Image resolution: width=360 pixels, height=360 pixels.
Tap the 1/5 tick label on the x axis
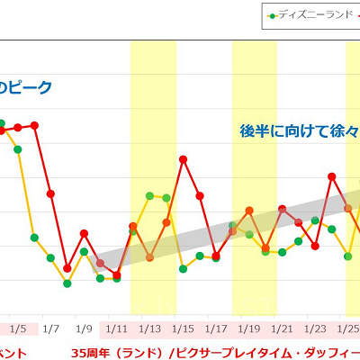pyautogui.click(x=18, y=328)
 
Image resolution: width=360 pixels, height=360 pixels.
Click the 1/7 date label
pyautogui.click(x=50, y=328)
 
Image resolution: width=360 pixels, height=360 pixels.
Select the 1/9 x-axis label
pyautogui.click(x=84, y=328)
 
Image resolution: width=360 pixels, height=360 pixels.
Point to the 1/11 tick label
pyautogui.click(x=117, y=328)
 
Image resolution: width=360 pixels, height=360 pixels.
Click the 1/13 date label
pyautogui.click(x=150, y=328)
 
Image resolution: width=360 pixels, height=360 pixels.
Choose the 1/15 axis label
pyautogui.click(x=184, y=328)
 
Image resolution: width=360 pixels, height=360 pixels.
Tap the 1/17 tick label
pyautogui.click(x=216, y=328)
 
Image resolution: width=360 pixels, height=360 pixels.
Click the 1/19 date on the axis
pyautogui.click(x=249, y=328)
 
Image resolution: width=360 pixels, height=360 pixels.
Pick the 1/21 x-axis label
pyautogui.click(x=283, y=328)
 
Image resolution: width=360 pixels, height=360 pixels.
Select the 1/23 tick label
pyautogui.click(x=316, y=328)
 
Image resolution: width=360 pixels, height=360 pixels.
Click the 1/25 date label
pyautogui.click(x=348, y=328)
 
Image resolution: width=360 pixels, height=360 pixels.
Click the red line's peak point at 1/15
pyautogui.click(x=183, y=159)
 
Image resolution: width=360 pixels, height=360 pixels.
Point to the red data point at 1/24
pyautogui.click(x=332, y=176)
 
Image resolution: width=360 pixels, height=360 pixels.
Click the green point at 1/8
pyautogui.click(x=67, y=283)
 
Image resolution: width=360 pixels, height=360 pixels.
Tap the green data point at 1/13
pyautogui.click(x=149, y=195)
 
